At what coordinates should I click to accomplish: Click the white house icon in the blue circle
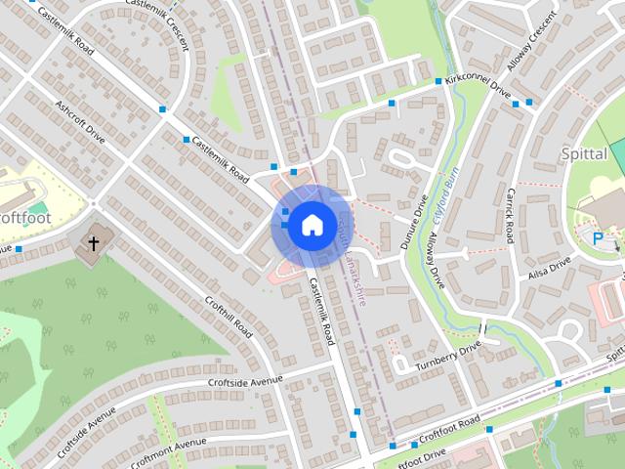[312, 225]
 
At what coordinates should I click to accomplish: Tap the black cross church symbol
[95, 242]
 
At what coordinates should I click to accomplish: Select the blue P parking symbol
[598, 236]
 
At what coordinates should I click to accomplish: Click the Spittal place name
[585, 154]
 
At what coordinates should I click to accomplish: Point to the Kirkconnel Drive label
[478, 87]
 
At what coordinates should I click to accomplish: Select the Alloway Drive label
[436, 260]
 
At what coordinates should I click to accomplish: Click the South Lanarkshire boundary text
[353, 263]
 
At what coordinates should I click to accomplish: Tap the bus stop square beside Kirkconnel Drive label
[438, 80]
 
